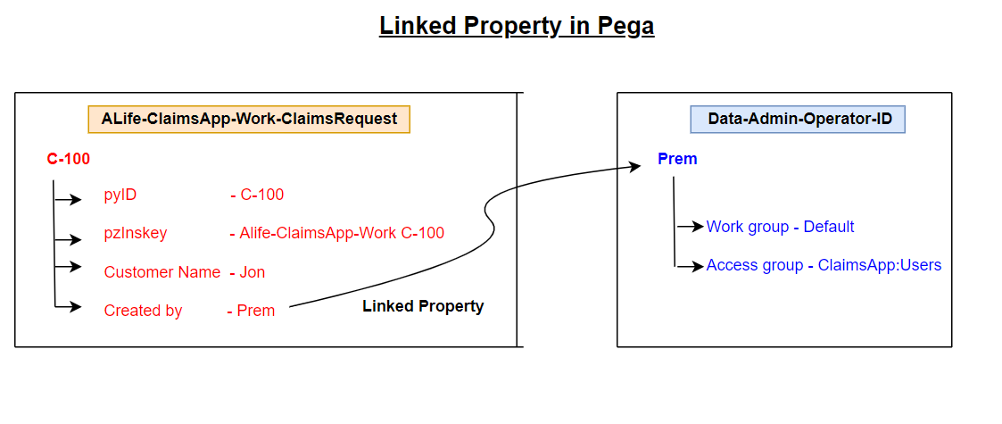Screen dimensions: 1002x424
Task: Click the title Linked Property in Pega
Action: tap(517, 26)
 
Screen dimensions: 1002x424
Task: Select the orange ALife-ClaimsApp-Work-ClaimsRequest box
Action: tap(249, 119)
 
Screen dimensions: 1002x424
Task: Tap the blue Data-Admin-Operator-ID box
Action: tap(799, 119)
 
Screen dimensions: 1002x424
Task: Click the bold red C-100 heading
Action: tap(69, 159)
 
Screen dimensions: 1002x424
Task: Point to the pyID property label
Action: tap(120, 195)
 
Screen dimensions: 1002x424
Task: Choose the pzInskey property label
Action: tap(136, 234)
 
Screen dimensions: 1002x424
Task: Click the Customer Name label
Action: tap(162, 272)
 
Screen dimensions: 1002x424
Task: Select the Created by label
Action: tap(143, 311)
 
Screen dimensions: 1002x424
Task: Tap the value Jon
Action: tap(253, 272)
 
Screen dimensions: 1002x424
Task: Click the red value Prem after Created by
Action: tap(256, 311)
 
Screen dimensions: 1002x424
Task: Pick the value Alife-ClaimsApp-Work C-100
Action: tap(342, 234)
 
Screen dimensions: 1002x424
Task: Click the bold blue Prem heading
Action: tap(677, 159)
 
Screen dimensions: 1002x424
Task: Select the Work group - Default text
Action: tap(780, 227)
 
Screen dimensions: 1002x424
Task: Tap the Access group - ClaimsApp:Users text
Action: tap(824, 265)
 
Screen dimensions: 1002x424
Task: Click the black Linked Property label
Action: tap(423, 306)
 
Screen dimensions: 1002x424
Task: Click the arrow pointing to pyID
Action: tap(69, 200)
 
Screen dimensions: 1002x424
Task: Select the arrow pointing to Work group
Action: tap(691, 227)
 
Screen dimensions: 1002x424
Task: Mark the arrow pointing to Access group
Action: tap(690, 266)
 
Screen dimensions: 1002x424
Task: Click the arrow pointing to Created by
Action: tap(69, 308)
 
